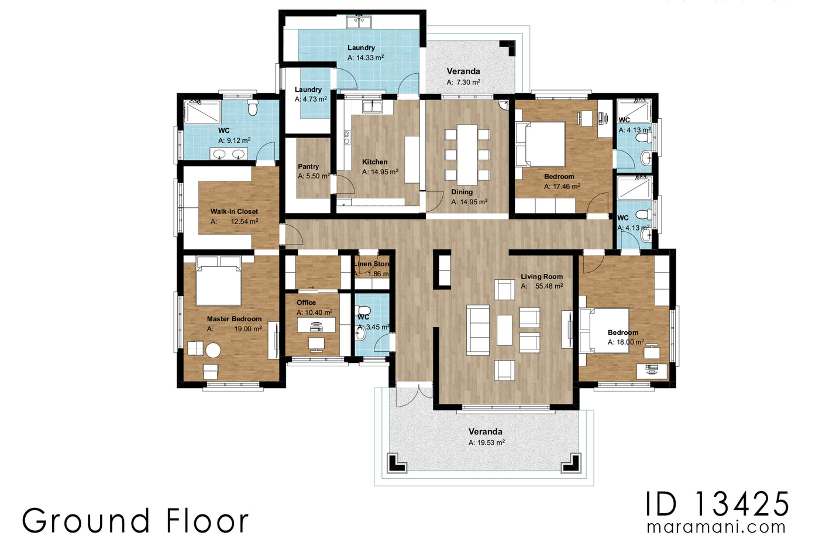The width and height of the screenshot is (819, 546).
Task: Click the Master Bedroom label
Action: click(234, 319)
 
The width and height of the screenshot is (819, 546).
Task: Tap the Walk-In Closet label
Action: click(234, 211)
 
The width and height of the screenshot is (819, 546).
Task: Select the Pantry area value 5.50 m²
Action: click(314, 176)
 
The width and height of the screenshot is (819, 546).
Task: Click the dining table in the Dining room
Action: click(467, 154)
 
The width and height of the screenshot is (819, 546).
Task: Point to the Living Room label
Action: click(542, 276)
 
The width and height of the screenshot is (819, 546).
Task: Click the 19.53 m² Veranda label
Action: click(485, 431)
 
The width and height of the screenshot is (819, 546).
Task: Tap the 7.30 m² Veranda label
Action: click(463, 71)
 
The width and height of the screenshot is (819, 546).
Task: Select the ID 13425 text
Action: click(717, 503)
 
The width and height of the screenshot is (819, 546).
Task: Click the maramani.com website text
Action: click(716, 527)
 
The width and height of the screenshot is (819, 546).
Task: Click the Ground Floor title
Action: click(135, 521)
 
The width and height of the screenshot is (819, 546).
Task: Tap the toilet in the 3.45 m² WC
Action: click(363, 310)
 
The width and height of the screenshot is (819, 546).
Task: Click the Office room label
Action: click(306, 303)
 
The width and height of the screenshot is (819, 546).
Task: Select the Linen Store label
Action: click(372, 264)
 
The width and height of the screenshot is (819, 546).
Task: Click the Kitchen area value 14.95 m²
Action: click(380, 172)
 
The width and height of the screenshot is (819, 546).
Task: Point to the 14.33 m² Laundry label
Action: click(361, 48)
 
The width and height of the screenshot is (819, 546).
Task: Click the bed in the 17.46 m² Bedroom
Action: click(540, 144)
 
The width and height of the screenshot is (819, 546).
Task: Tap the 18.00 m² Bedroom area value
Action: click(625, 342)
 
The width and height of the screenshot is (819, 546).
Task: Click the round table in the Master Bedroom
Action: click(212, 351)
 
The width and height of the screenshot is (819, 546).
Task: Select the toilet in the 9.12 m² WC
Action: click(253, 108)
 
